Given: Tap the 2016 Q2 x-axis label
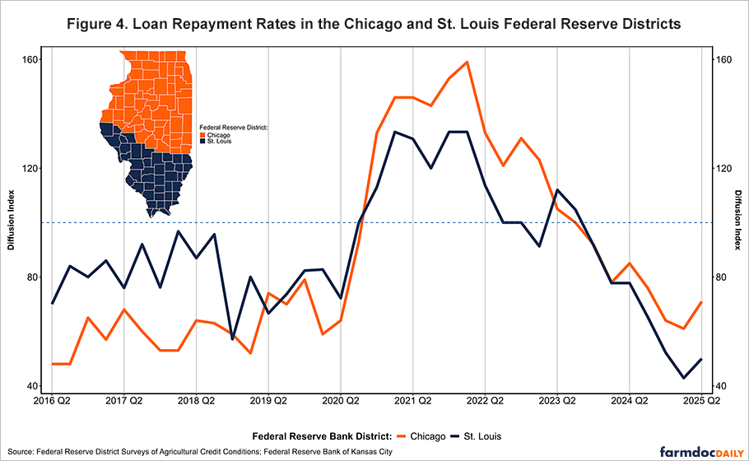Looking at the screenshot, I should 52,401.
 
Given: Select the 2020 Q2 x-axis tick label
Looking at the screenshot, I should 341,401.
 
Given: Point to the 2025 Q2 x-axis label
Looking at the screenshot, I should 700,401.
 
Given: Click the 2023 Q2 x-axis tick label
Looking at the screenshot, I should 556,401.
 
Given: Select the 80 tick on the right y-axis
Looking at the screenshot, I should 719,277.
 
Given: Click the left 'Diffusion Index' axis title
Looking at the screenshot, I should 12,223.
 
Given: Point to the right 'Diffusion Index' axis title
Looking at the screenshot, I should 738,223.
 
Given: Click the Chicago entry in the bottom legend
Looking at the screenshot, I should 421,435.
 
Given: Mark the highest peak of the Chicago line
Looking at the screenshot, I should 467,62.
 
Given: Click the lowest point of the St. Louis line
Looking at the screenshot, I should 684,378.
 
